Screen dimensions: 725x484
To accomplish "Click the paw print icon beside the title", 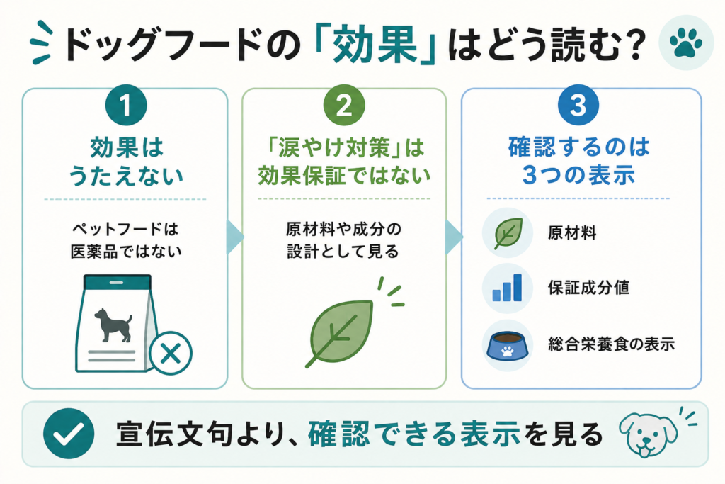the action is pos(685,43).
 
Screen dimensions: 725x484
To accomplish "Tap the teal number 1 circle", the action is pos(126,105).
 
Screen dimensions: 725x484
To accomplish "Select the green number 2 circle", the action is pos(344,105).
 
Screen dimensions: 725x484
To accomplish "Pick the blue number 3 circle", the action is pos(578,105).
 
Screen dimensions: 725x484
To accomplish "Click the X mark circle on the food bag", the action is pos(170,354).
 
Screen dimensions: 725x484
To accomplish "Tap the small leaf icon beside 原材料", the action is pos(508,233).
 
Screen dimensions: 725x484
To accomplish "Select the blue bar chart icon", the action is pos(507,287).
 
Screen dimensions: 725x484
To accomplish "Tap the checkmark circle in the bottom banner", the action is pos(69,434).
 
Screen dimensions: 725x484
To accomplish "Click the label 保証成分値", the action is pos(588,287).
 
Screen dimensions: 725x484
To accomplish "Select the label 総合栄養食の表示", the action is pos(611,344).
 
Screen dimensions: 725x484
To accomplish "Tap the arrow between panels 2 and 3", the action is pos(454,237).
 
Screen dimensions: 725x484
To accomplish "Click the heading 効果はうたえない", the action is pos(126,162).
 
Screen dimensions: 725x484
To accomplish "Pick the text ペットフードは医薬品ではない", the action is pos(126,240).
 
